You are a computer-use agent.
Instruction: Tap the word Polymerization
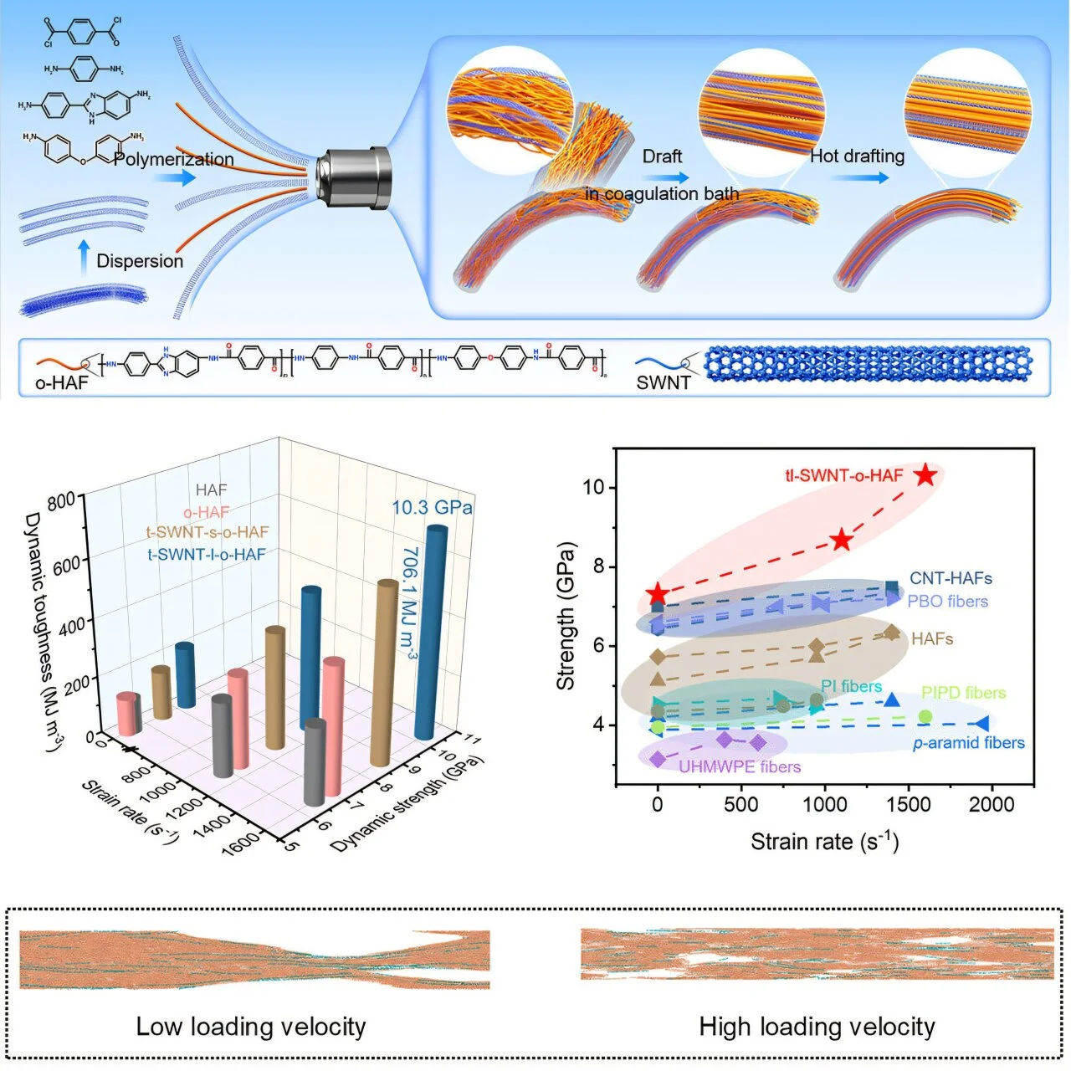174,159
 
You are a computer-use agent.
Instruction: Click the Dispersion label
140,260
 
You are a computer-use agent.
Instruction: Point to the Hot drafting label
858,156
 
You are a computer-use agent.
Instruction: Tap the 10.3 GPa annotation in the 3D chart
432,507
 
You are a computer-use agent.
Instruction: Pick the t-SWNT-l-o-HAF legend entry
207,554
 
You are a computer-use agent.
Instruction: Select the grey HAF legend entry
211,490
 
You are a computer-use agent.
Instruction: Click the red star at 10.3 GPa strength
925,475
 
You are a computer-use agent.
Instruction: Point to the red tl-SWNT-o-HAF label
843,475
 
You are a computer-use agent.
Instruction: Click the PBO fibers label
947,601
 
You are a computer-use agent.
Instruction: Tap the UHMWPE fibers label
740,766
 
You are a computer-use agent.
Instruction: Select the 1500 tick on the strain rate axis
908,805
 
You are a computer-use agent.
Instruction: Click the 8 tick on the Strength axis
598,566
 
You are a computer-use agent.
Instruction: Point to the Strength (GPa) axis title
566,616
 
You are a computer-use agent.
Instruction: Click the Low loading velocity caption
251,1026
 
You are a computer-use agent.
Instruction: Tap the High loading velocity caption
817,1026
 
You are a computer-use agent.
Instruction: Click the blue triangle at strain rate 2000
981,723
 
